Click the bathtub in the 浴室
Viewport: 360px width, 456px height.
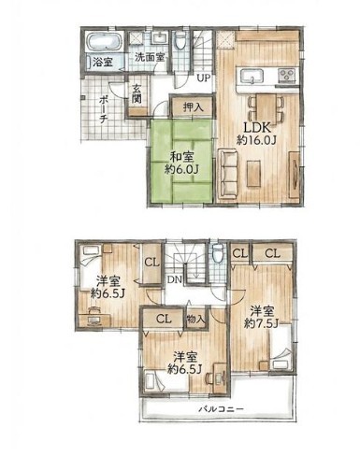click(x=103, y=42)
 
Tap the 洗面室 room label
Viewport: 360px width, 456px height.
click(x=150, y=58)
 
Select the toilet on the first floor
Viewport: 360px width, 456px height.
click(x=180, y=40)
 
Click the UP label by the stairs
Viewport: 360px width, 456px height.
click(x=204, y=78)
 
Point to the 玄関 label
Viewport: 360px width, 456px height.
click(x=137, y=93)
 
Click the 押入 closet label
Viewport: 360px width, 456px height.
click(x=193, y=107)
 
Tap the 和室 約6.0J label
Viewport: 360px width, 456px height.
click(x=181, y=163)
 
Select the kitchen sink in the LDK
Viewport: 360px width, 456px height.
click(x=252, y=76)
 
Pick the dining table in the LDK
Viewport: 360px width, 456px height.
click(x=266, y=108)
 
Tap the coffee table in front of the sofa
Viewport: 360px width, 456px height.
click(x=253, y=174)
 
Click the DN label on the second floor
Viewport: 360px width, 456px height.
click(x=174, y=279)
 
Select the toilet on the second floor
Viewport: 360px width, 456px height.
click(x=217, y=252)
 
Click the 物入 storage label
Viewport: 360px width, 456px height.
click(x=196, y=319)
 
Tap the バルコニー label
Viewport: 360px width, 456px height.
click(x=221, y=409)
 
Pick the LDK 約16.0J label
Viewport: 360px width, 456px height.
click(x=256, y=134)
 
